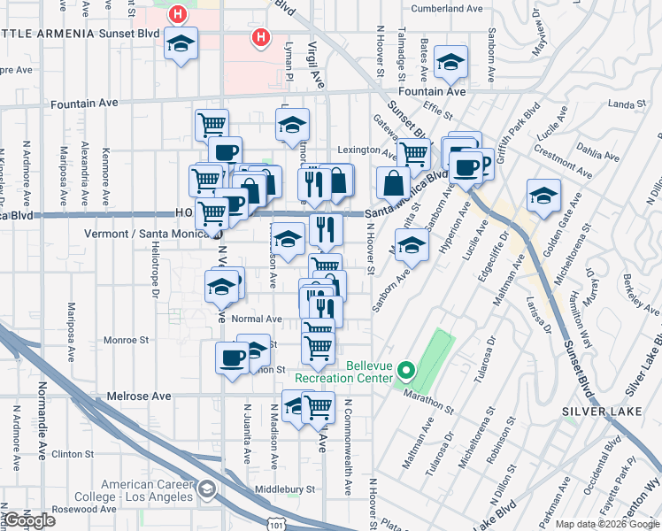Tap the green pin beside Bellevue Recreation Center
coord(407,371)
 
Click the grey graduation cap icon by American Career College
coord(206,489)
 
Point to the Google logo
coord(29,521)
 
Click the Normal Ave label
coord(256,319)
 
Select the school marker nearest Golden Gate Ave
coord(543,196)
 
